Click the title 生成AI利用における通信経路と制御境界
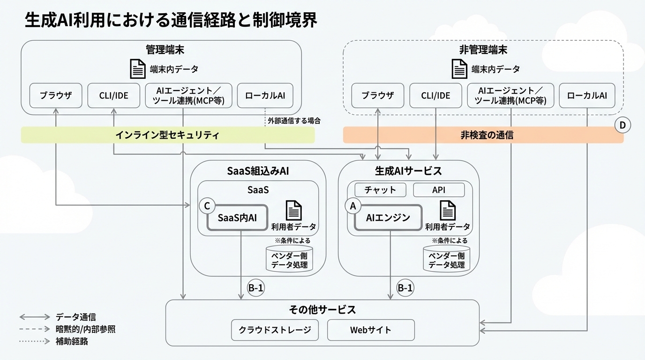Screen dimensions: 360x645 171,21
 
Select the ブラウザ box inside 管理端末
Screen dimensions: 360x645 56,96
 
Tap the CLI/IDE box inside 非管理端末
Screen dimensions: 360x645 435,96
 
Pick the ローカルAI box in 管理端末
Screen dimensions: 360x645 265,96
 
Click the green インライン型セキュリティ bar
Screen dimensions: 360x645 167,135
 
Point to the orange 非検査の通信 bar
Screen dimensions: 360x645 483,135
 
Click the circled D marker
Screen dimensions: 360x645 622,125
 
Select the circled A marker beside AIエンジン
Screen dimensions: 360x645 353,205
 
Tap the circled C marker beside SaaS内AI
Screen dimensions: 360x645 207,205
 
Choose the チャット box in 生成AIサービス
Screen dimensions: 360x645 380,190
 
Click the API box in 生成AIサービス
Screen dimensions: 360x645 438,190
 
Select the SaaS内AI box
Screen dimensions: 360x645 237,217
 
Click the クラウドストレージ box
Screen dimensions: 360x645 275,330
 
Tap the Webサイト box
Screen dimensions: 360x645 370,330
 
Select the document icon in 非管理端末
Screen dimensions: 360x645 459,69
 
